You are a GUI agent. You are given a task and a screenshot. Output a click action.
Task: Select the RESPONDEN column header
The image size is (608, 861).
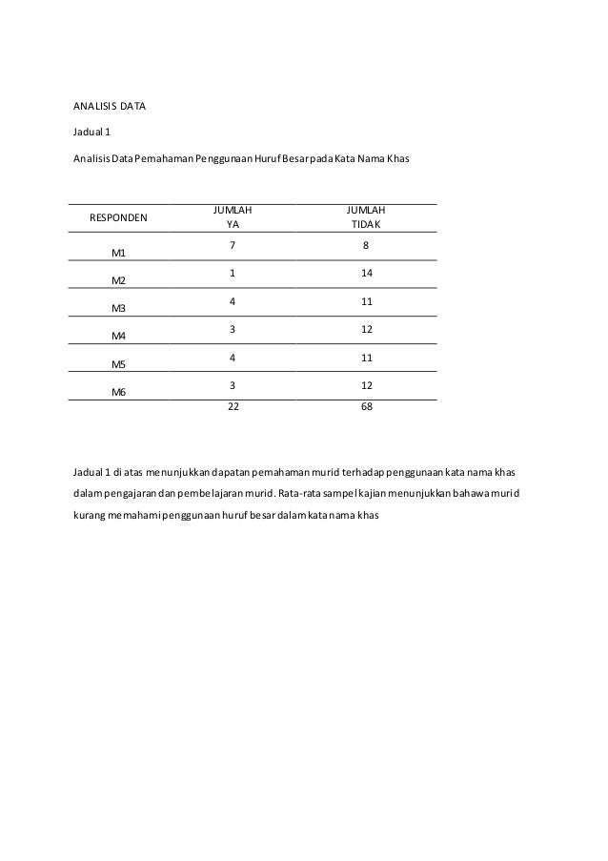point(118,217)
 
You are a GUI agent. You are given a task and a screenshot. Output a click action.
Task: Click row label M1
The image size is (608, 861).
point(118,254)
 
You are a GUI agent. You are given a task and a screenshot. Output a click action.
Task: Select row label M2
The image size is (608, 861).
point(118,281)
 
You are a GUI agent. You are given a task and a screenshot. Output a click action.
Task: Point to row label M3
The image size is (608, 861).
point(118,309)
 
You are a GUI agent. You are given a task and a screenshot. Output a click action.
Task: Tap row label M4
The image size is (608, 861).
point(118,337)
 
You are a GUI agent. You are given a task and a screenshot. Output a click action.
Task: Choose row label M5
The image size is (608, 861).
point(118,364)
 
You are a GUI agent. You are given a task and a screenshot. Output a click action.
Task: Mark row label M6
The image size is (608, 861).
point(118,392)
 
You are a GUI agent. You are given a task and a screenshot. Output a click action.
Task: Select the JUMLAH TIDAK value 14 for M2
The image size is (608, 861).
point(367,274)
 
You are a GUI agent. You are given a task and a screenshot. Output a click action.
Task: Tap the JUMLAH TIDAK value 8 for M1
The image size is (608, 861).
point(367,246)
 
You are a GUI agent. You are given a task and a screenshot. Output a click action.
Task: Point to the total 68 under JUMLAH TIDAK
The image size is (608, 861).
point(367,406)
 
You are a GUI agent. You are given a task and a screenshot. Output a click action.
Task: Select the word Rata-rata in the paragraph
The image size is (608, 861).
point(301,493)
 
